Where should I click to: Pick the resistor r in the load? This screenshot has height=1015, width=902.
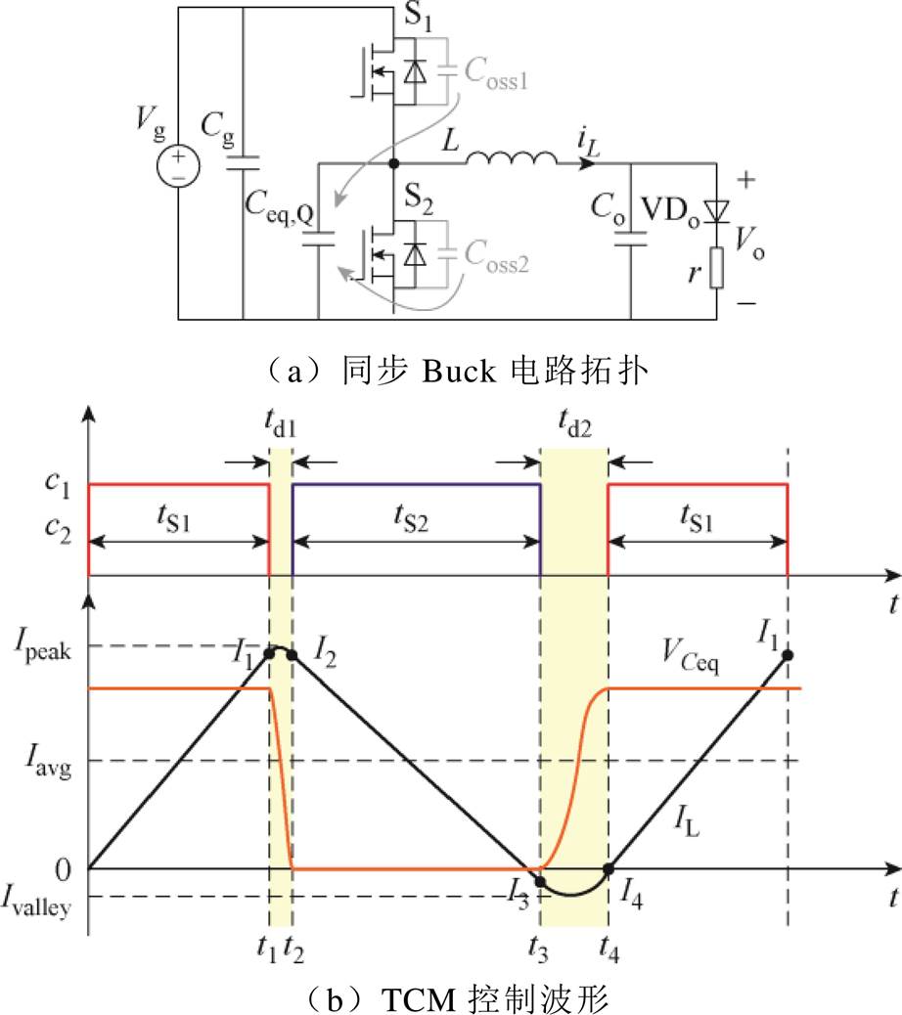[716, 268]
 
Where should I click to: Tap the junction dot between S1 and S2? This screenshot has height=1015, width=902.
[392, 163]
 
